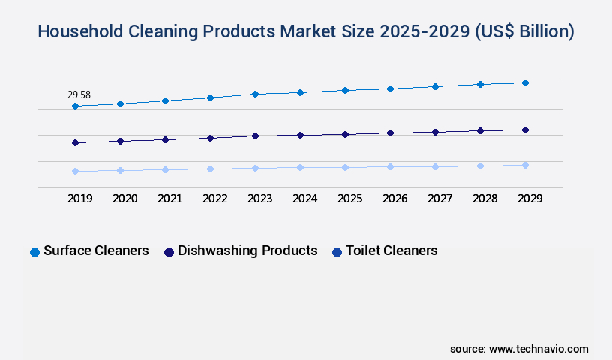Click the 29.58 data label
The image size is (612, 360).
point(79,95)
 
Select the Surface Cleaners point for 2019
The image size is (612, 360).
point(75,106)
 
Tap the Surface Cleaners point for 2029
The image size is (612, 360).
point(525,82)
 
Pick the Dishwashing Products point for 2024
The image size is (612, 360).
point(300,136)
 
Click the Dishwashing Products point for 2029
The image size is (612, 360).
point(525,130)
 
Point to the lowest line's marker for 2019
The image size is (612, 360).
point(75,172)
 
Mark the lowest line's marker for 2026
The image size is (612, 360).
point(390,166)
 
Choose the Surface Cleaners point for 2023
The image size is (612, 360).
point(255,94)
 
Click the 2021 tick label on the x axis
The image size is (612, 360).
point(169,199)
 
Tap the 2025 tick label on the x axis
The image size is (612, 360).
point(349,199)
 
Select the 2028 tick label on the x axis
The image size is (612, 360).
point(484,199)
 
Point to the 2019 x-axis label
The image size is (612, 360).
point(79,199)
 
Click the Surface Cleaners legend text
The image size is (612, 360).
point(96,250)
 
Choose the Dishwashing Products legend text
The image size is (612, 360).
point(247,250)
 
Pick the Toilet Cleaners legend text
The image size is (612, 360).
point(391,250)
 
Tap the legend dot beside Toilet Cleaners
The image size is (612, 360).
point(337,252)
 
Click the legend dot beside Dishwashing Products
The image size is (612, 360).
point(169,252)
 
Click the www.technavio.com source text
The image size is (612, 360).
point(538,349)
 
